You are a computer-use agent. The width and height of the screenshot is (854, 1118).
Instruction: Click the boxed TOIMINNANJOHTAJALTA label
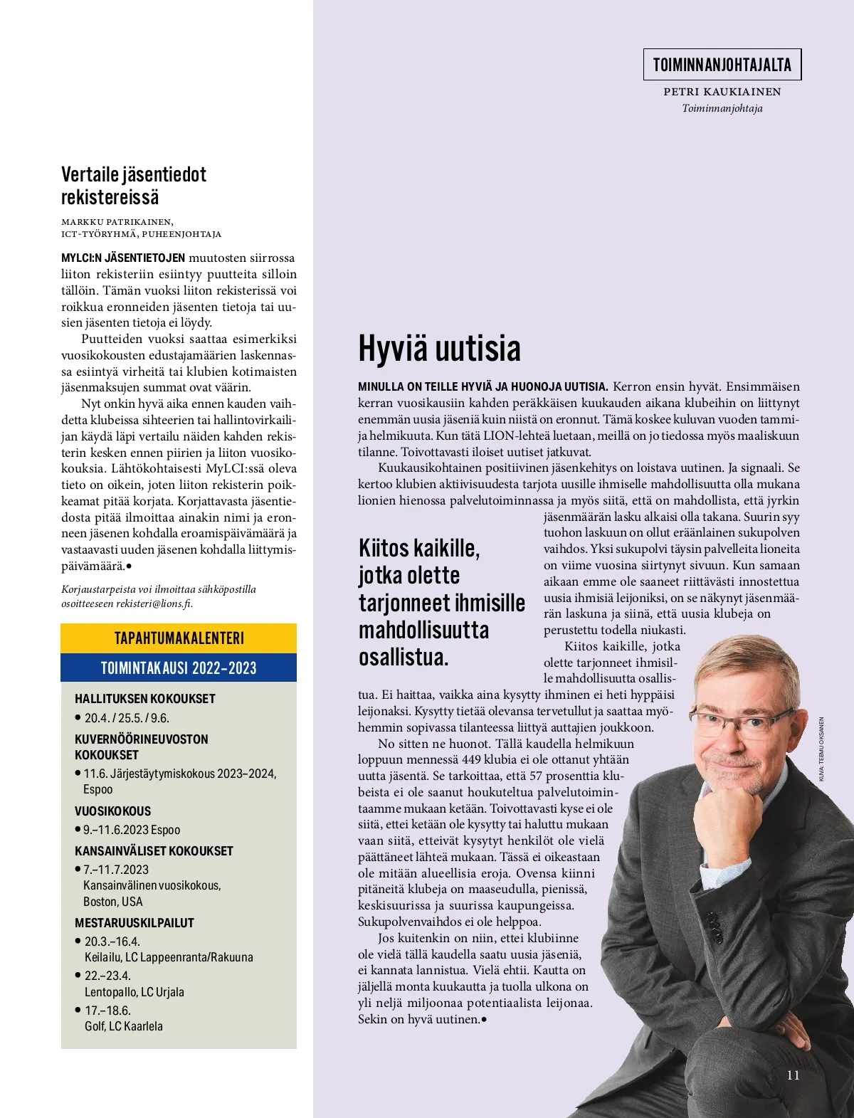pyautogui.click(x=722, y=65)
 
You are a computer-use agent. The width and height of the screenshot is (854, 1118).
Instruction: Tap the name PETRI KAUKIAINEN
pyautogui.click(x=722, y=92)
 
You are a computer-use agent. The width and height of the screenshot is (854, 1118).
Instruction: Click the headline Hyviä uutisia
pyautogui.click(x=439, y=349)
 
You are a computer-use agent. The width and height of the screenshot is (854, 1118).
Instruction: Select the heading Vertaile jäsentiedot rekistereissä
pyautogui.click(x=134, y=186)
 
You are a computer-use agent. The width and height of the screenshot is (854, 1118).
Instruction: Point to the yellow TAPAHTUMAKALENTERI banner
pyautogui.click(x=179, y=638)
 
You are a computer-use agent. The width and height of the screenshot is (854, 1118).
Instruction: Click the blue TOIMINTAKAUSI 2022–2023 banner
pyautogui.click(x=179, y=668)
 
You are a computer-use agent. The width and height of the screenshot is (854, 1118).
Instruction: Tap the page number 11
pyautogui.click(x=793, y=1075)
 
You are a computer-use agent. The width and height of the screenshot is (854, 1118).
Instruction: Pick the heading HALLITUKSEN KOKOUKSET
pyautogui.click(x=144, y=699)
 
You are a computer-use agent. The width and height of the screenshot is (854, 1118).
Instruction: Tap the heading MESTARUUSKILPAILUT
pyautogui.click(x=134, y=922)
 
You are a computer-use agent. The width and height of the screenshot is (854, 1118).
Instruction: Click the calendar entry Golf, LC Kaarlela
pyautogui.click(x=123, y=1026)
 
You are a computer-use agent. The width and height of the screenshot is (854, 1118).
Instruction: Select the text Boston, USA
pyautogui.click(x=112, y=902)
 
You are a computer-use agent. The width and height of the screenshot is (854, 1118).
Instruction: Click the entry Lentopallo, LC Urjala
pyautogui.click(x=134, y=992)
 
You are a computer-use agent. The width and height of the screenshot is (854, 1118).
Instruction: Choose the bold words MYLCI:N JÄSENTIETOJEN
pyautogui.click(x=122, y=258)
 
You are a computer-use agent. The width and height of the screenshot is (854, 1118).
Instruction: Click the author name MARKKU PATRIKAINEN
pyautogui.click(x=117, y=222)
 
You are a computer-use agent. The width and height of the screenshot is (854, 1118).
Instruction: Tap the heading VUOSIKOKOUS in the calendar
pyautogui.click(x=112, y=811)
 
